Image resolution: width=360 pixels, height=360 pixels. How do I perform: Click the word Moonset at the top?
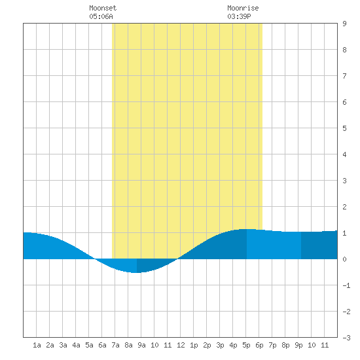pos(103,8)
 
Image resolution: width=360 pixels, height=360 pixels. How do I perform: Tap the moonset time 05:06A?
pos(101,16)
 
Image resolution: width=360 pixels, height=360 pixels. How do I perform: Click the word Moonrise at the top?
pos(243,8)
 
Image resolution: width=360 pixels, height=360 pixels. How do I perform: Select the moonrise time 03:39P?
pos(239,16)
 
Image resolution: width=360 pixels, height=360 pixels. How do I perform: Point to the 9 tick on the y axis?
pos(344,24)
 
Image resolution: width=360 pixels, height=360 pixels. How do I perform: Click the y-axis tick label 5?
pos(344,128)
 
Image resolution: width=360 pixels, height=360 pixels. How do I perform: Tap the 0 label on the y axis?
pos(344,259)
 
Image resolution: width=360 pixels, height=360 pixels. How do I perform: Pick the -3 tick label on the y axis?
pos(346,338)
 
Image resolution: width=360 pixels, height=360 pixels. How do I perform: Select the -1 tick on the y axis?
pos(346,285)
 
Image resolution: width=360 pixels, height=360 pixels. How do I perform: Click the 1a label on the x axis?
pos(37,345)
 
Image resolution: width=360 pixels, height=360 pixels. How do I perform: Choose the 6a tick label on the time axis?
pos(102,345)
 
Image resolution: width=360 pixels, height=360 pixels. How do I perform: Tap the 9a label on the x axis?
pos(141,345)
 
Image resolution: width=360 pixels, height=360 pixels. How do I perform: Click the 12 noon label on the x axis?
pos(181,345)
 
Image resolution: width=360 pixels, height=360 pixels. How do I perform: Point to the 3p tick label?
pos(220,345)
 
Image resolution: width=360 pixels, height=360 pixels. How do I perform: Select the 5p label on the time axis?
pos(246,345)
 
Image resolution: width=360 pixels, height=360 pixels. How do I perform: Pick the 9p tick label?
pos(298,345)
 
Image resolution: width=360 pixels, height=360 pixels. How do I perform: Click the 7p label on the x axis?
pos(272,345)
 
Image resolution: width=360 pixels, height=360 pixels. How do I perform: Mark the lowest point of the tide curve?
pos(136,272)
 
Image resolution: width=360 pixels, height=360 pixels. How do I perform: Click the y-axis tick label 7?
pos(344,76)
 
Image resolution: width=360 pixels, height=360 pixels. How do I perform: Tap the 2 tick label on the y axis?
pos(344,207)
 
